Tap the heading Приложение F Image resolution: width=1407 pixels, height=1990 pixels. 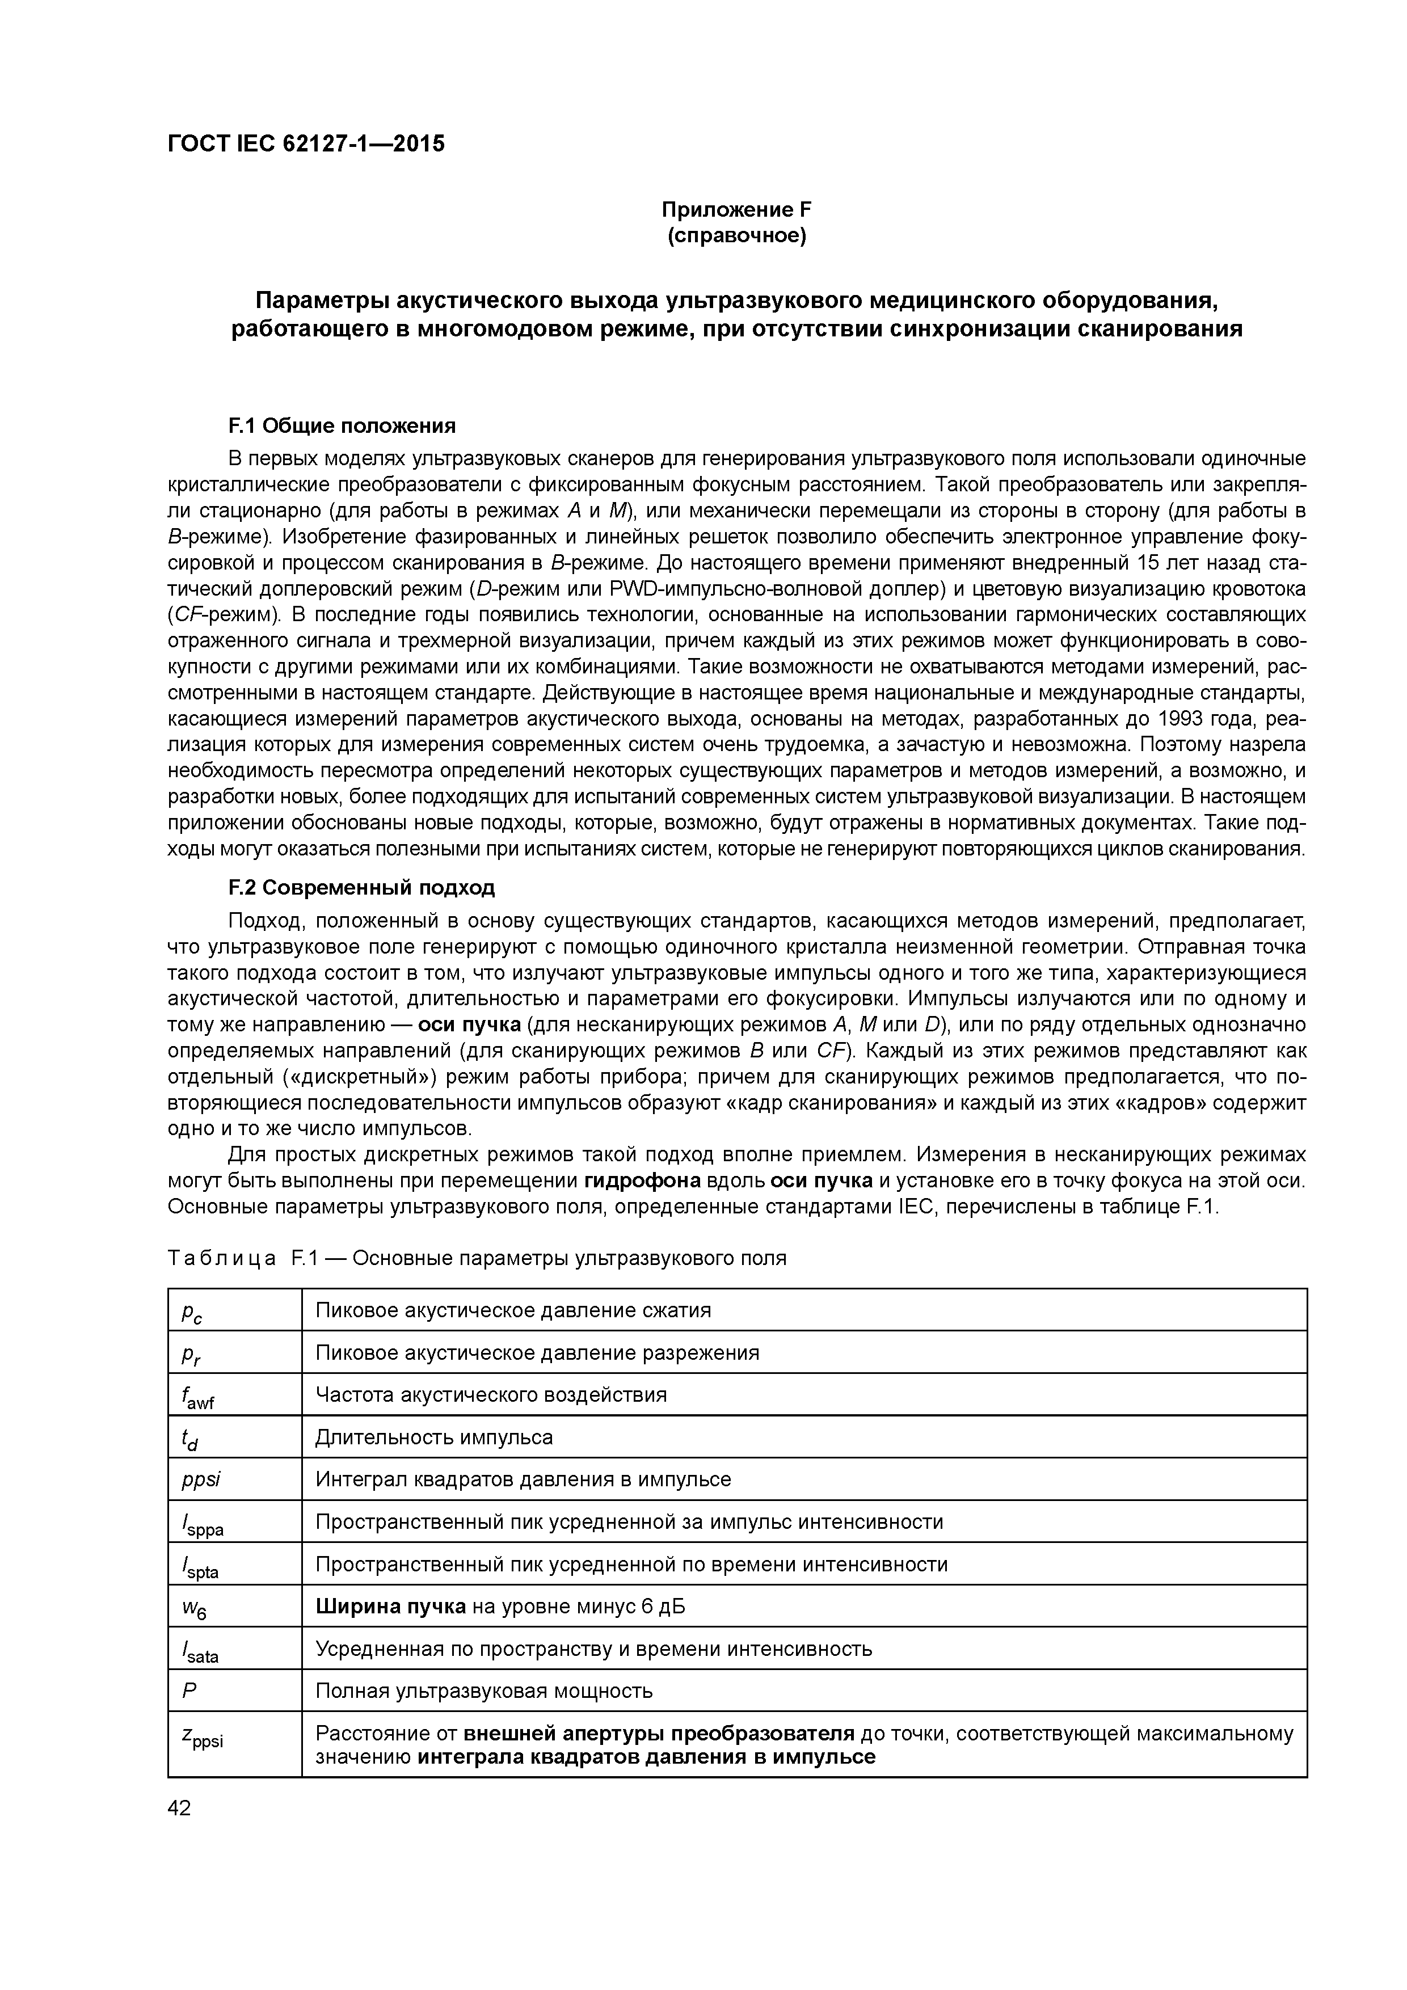(736, 210)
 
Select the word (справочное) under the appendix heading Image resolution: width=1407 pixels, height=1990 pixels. (736, 237)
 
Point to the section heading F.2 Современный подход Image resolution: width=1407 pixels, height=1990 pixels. (361, 888)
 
